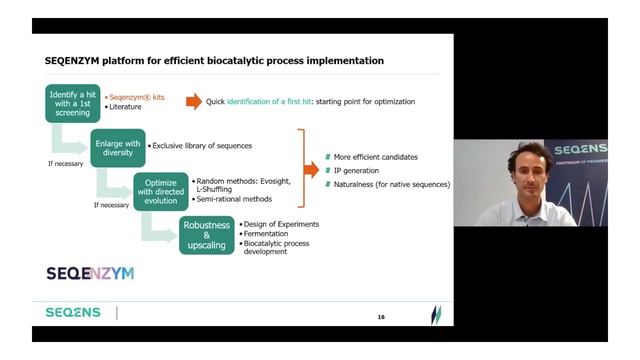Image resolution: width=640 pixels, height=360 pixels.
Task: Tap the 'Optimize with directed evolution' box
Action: click(x=161, y=189)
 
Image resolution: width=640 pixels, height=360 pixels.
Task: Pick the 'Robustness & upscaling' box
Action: click(x=206, y=234)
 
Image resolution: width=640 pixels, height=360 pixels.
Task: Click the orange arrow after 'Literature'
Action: click(x=193, y=101)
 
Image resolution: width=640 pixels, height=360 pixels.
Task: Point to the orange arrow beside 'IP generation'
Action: click(x=311, y=170)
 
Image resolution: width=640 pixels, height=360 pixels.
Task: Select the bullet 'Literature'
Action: click(x=127, y=106)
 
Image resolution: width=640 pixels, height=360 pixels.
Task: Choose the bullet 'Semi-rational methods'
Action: click(x=235, y=199)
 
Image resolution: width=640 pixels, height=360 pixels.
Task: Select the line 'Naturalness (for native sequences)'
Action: click(x=392, y=184)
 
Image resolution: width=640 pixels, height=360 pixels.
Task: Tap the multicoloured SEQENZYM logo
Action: click(x=90, y=272)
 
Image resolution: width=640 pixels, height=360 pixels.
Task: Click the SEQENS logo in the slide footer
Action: click(x=73, y=313)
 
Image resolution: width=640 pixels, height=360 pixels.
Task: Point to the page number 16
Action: click(x=381, y=317)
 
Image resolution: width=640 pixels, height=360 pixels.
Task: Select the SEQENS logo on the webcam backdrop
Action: click(x=581, y=150)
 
